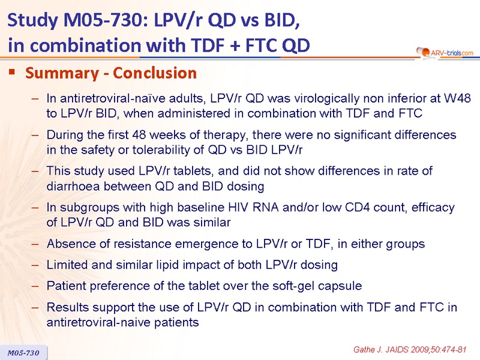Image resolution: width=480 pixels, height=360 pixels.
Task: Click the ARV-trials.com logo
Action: click(445, 53)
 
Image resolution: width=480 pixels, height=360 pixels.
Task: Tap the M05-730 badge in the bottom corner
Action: click(23, 353)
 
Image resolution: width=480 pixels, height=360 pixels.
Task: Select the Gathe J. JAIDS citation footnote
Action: click(410, 349)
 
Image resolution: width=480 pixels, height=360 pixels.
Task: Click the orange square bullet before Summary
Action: click(12, 72)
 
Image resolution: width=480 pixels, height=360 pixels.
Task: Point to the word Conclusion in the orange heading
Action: click(155, 73)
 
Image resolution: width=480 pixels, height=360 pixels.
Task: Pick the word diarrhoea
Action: click(73, 186)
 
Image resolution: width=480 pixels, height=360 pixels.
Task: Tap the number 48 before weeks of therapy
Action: click(139, 134)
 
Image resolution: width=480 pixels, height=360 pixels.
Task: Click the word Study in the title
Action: click(33, 20)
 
